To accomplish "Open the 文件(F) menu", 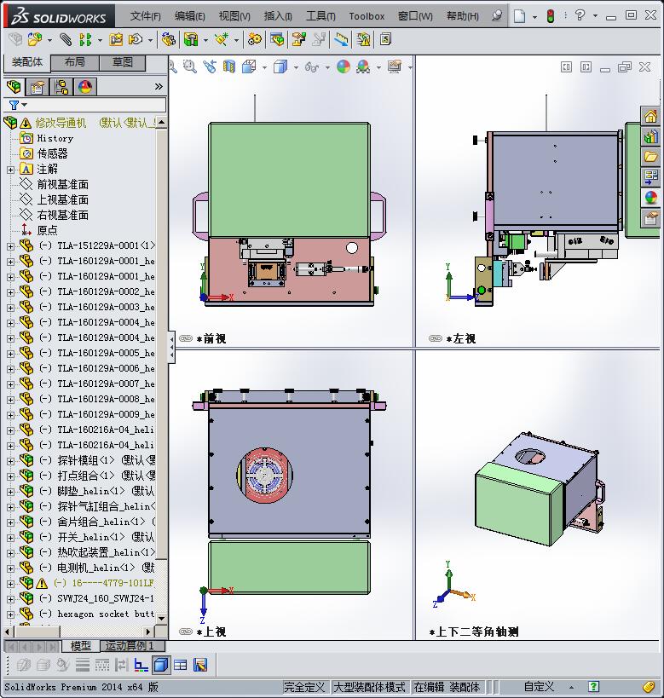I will click(x=145, y=15).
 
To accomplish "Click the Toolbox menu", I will click(x=367, y=15).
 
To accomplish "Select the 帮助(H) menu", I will click(x=462, y=15).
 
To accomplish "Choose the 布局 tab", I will click(x=74, y=62).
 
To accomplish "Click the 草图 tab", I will click(x=122, y=62).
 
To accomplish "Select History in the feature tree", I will click(x=55, y=138).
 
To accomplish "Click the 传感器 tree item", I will click(x=52, y=153).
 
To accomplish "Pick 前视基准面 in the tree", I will click(x=62, y=184).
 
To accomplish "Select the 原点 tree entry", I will click(x=47, y=230).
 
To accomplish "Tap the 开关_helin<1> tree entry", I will click(x=85, y=537).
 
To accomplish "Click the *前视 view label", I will click(x=211, y=338).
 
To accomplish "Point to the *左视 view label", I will click(x=460, y=338).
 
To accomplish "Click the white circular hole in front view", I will click(x=351, y=248).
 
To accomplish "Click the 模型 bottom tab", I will click(x=81, y=646).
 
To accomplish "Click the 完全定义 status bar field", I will click(x=305, y=687).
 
